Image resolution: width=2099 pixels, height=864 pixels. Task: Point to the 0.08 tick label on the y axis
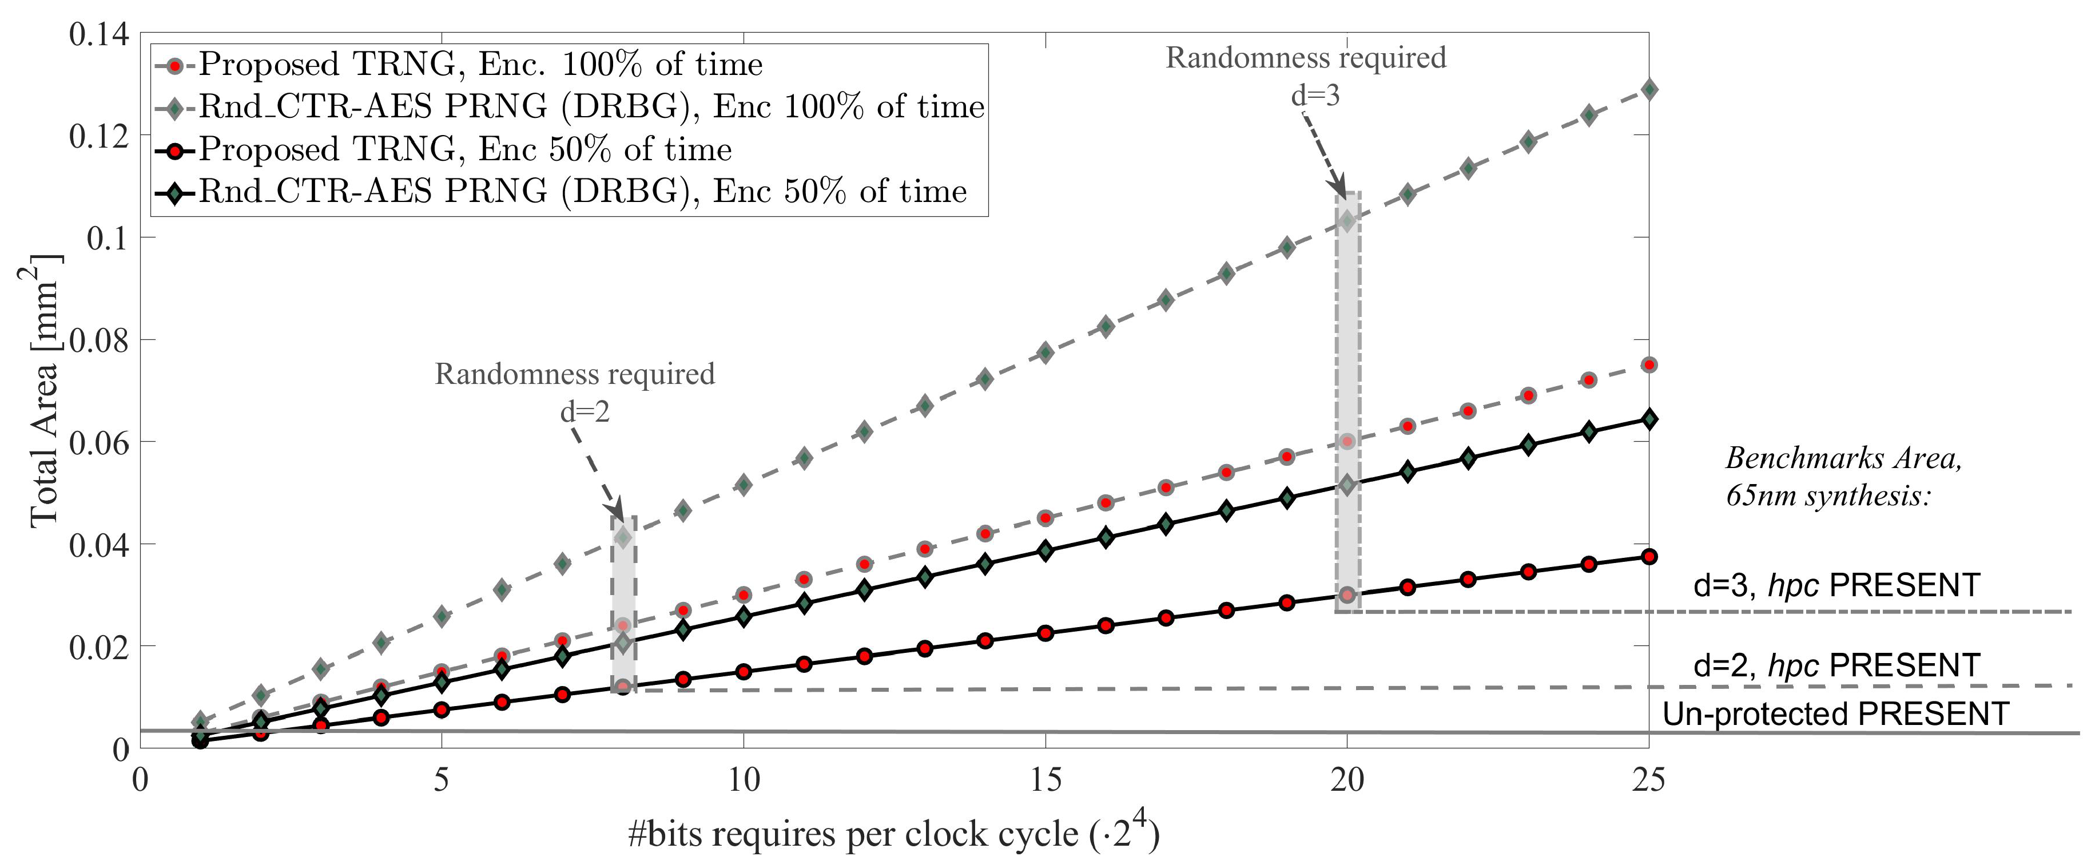coord(98,340)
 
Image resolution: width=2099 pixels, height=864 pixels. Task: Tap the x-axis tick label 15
coord(1045,781)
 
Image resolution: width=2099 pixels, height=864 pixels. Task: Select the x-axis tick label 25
coord(1648,781)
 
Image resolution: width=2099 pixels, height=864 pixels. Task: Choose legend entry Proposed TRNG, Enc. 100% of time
coord(481,65)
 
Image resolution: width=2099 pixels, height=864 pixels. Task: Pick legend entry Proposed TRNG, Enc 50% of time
coord(464,149)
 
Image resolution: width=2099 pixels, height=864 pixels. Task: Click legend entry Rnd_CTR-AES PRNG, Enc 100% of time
coord(591,107)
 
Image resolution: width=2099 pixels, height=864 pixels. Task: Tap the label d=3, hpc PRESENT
coord(1836,585)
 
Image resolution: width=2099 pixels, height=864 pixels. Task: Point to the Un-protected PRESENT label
coord(1835,714)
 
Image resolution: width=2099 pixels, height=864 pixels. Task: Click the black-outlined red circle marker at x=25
coord(1648,557)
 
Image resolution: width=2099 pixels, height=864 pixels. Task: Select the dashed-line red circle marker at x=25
coord(1648,365)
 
